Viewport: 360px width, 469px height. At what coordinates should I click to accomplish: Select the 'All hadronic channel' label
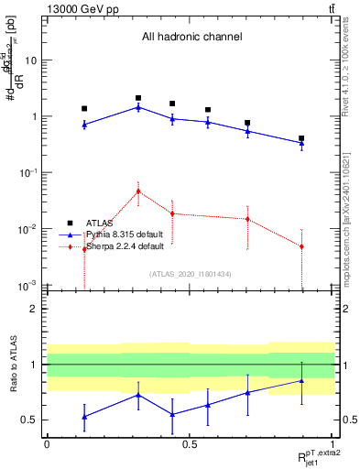point(191,38)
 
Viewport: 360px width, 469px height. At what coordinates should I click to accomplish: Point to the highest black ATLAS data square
point(138,98)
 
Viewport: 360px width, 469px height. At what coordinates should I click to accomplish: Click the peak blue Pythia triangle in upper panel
point(138,107)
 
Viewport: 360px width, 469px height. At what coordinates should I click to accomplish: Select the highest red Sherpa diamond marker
point(138,191)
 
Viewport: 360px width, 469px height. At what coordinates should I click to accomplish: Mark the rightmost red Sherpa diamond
point(301,246)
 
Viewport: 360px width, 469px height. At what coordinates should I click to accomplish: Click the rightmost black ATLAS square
point(301,138)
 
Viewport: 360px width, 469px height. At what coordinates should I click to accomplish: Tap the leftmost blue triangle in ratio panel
point(84,417)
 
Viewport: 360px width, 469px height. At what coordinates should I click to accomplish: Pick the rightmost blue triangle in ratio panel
point(301,380)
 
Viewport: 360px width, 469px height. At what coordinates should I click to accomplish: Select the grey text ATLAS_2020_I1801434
point(191,274)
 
